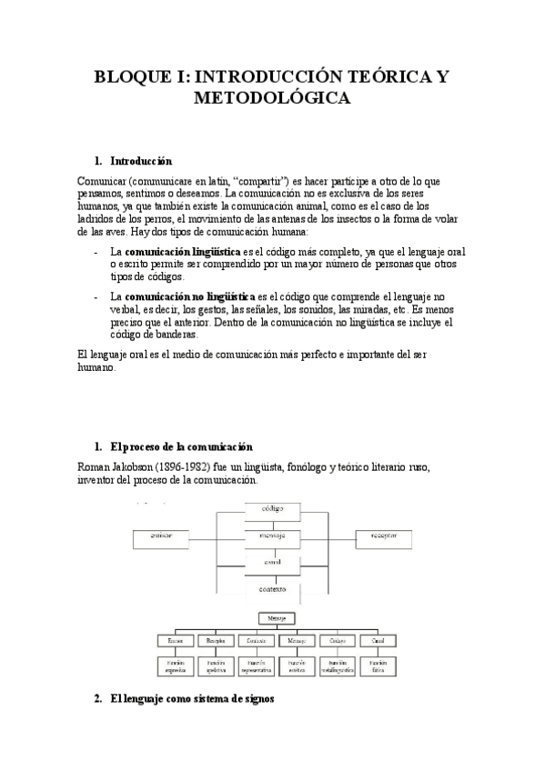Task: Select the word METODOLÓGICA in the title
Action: coord(272,99)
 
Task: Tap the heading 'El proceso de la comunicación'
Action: coord(180,447)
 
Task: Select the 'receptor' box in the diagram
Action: coord(383,537)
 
